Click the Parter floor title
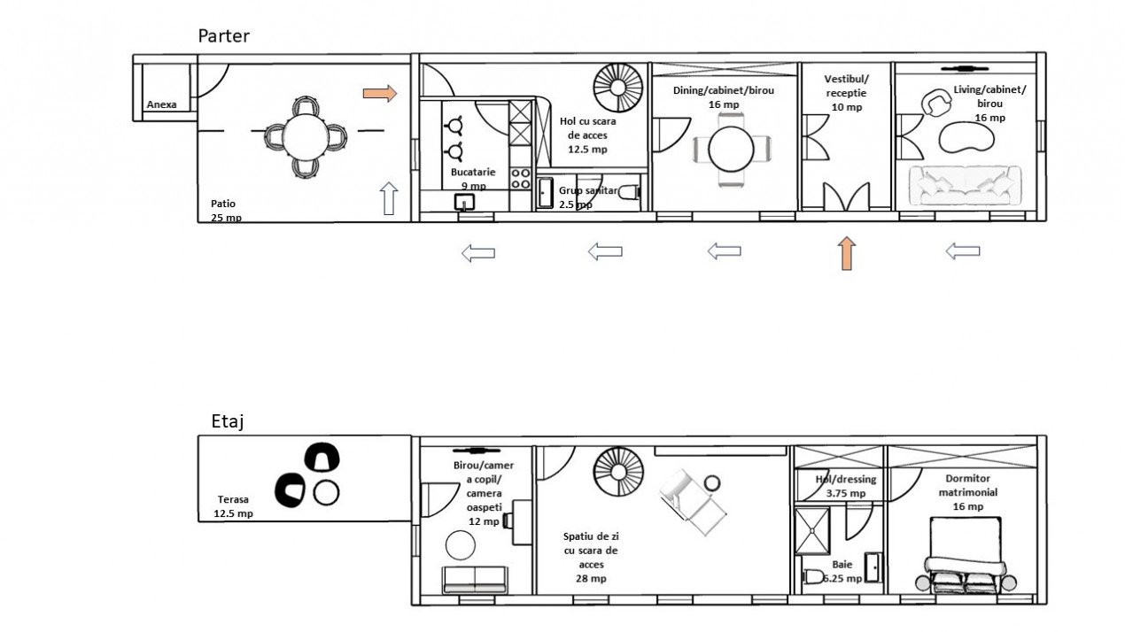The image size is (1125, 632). pos(223,36)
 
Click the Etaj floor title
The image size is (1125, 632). pos(228,421)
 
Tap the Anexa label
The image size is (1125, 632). pos(162,104)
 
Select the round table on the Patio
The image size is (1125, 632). pos(306,136)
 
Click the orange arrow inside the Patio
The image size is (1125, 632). pos(380,93)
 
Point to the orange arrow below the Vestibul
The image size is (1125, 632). pos(847,253)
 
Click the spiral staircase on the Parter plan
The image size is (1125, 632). pos(618,88)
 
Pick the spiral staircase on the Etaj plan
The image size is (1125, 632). pos(618,473)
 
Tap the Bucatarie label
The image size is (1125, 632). pos(473,172)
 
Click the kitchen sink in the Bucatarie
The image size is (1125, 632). pos(464,202)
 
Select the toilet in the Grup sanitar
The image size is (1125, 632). pos(629,192)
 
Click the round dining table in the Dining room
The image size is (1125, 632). pos(732,149)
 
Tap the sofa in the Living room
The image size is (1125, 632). pos(965,186)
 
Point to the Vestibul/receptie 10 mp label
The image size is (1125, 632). pos(847,93)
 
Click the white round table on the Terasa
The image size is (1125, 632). pos(327,492)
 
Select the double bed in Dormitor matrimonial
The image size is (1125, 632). pos(966,555)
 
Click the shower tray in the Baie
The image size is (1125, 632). pos(812,531)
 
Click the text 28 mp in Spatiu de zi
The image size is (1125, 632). pos(591,578)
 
